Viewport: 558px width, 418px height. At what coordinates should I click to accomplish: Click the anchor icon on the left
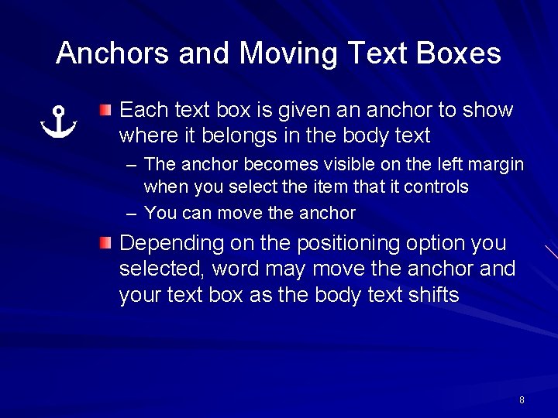point(59,122)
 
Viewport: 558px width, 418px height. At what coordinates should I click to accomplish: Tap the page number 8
point(522,400)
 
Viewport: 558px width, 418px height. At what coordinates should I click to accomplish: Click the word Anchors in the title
point(113,53)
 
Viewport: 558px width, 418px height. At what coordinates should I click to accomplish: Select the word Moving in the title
point(288,53)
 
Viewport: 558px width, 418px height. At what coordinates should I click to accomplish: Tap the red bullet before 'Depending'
point(105,243)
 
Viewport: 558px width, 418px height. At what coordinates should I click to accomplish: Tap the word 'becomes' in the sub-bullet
point(270,164)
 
